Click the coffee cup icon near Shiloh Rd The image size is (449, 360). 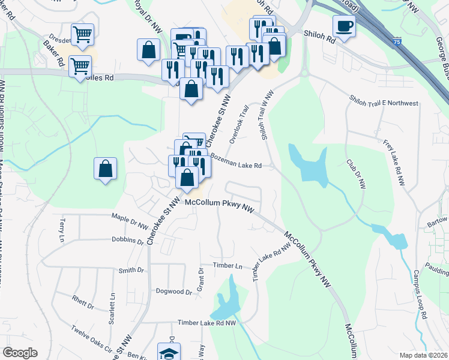(x=344, y=26)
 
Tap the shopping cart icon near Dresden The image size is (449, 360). (x=82, y=34)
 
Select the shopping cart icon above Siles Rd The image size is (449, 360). (x=80, y=65)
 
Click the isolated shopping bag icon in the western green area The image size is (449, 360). (x=106, y=168)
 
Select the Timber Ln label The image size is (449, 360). (x=228, y=265)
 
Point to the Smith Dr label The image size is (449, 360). (x=131, y=271)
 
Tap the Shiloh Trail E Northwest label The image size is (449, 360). (x=384, y=103)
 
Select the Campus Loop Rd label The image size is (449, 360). (x=419, y=298)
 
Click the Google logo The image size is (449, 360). (x=20, y=353)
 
